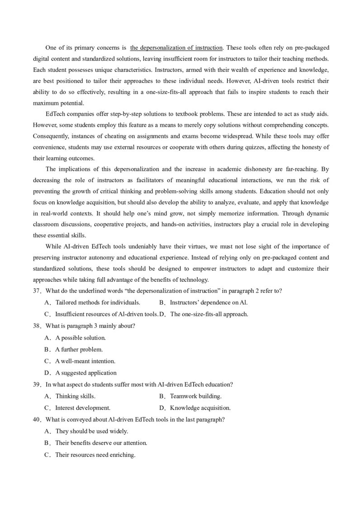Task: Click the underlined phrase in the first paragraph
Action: [x=176, y=47]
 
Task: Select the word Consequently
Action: [x=51, y=136]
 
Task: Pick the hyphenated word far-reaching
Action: [x=301, y=169]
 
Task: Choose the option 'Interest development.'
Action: [x=82, y=408]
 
